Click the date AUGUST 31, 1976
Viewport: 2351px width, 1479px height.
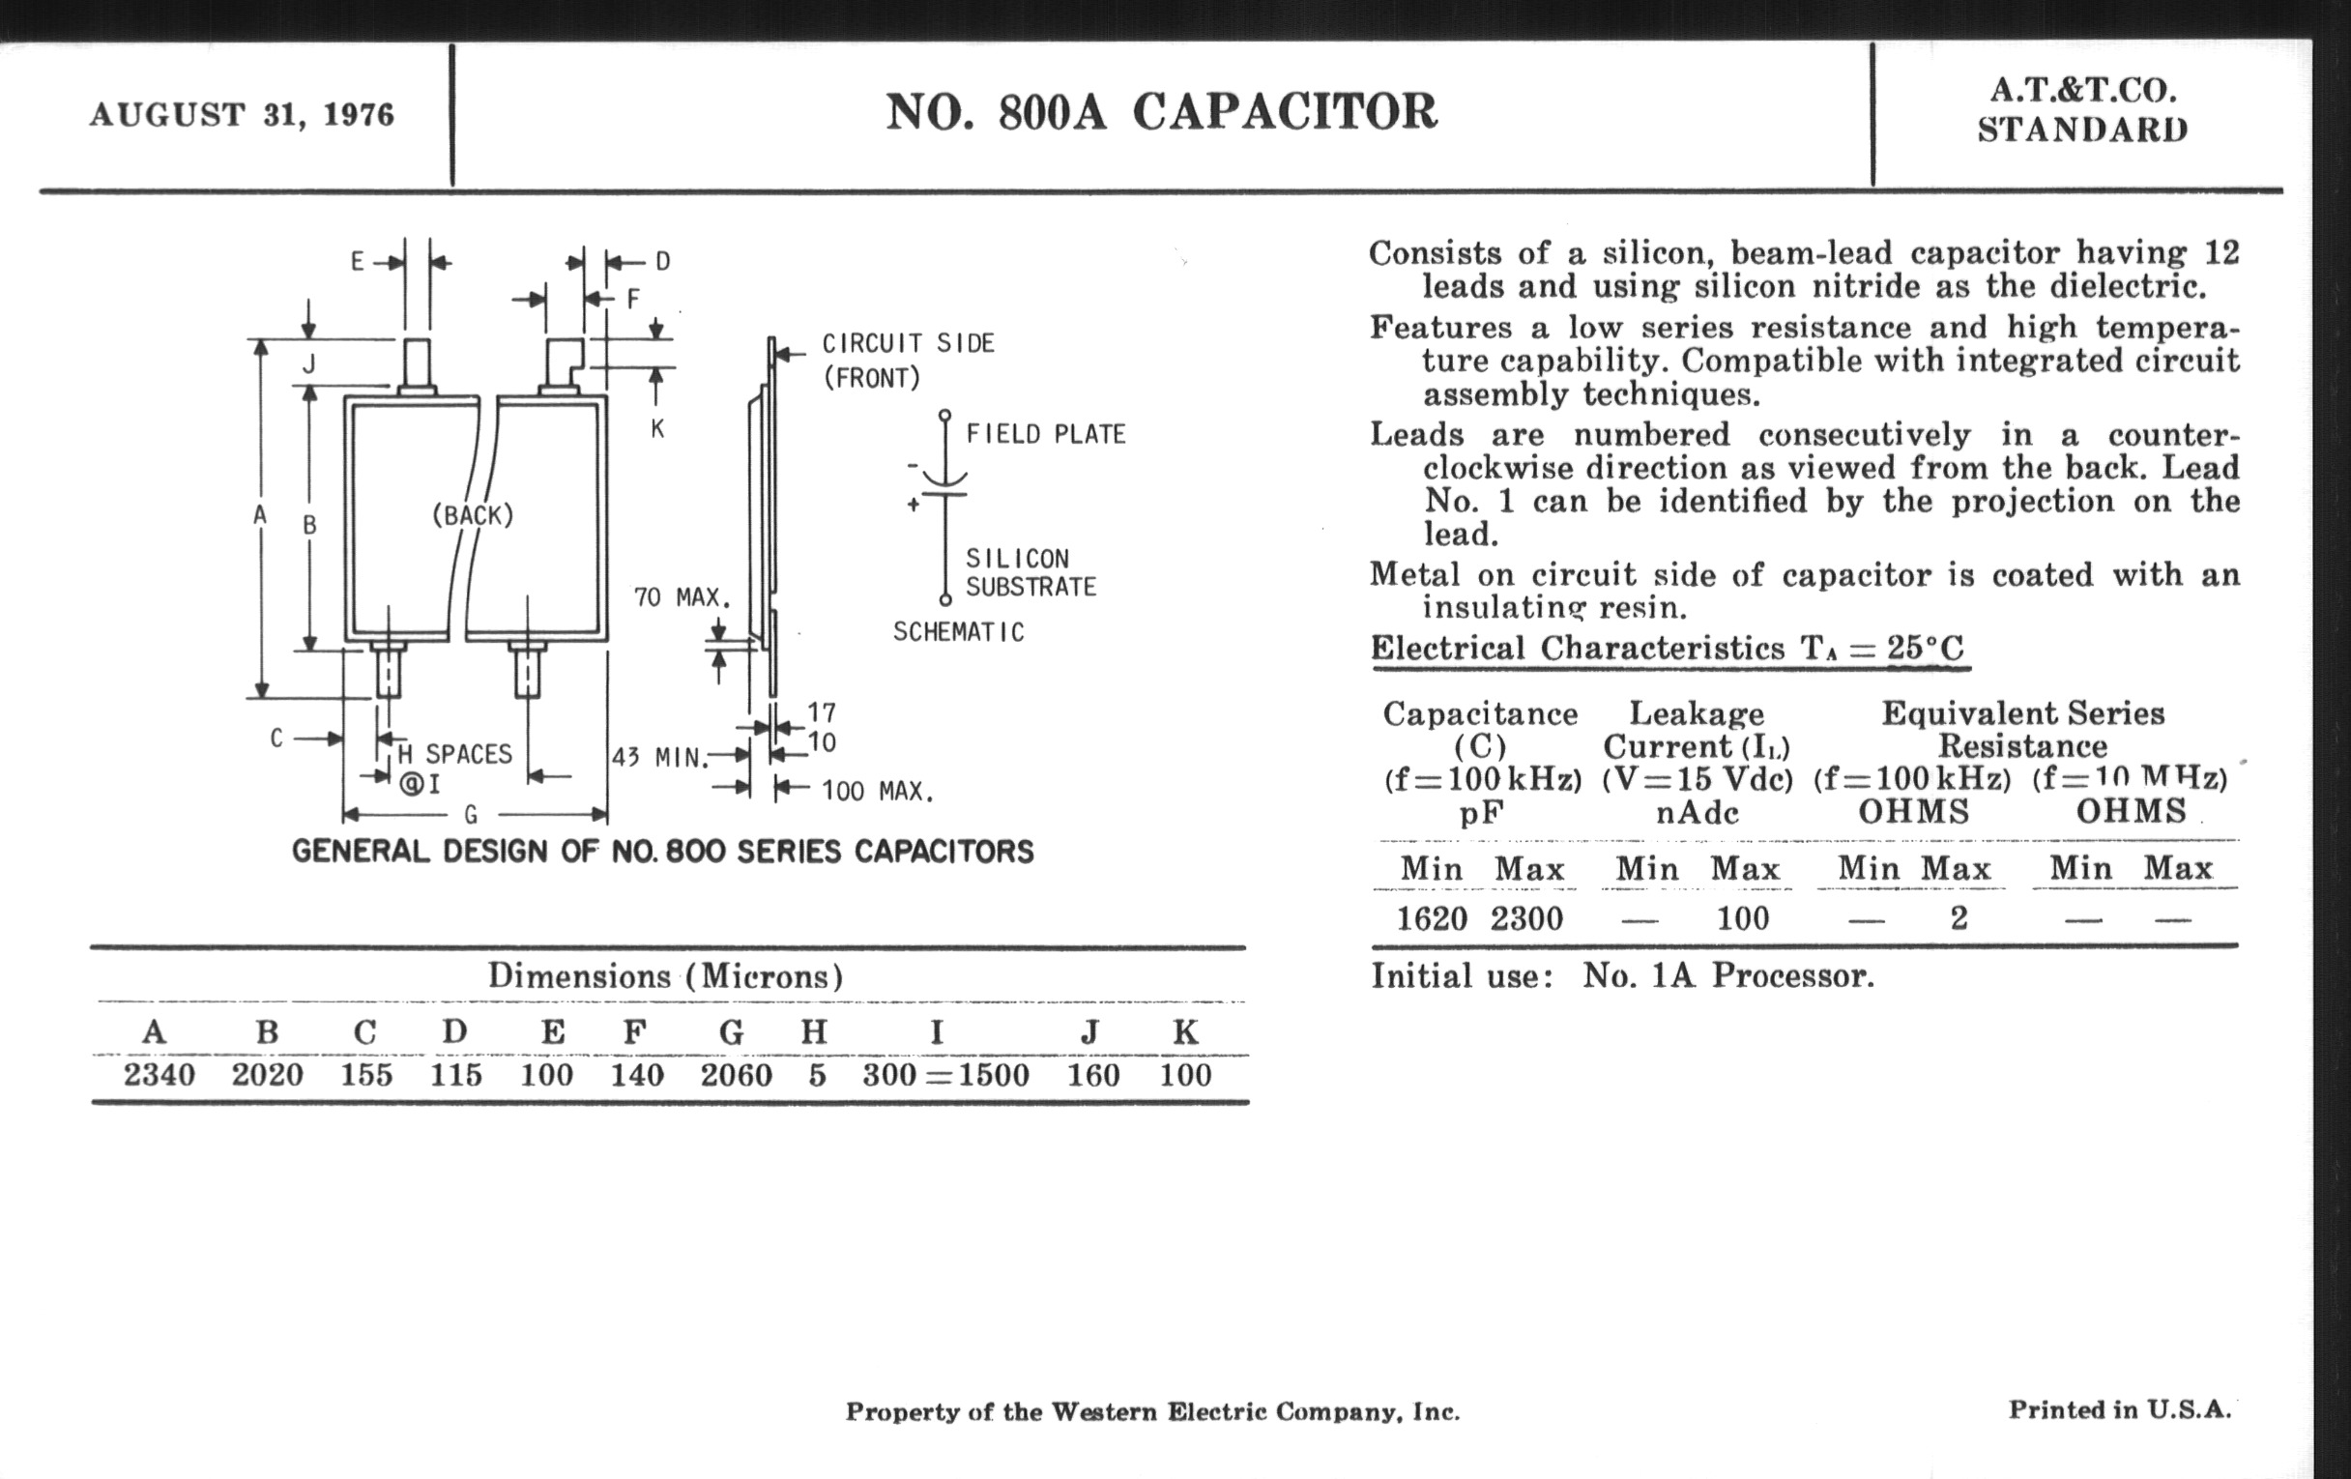click(x=242, y=115)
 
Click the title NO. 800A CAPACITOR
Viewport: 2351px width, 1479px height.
click(x=1161, y=112)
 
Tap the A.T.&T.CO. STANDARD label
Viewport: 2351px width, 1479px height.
click(x=2082, y=110)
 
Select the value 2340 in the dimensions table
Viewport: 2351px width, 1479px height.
click(x=160, y=1075)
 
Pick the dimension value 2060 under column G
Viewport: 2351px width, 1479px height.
click(x=737, y=1075)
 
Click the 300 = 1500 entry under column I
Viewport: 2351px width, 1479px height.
click(x=945, y=1075)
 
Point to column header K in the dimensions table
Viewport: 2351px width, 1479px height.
click(x=1185, y=1031)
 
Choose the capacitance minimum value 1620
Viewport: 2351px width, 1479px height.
click(x=1432, y=918)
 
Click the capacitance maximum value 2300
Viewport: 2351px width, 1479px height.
click(x=1527, y=918)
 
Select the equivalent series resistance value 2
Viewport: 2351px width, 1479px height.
click(x=1959, y=918)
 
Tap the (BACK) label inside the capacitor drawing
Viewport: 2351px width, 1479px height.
click(x=473, y=515)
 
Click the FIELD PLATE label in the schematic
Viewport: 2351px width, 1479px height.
click(x=1046, y=434)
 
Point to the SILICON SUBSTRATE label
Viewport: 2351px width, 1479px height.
click(x=1031, y=573)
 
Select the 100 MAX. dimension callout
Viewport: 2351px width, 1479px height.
click(x=877, y=791)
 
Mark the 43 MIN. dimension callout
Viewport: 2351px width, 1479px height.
click(x=659, y=758)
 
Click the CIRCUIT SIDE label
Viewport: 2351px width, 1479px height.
click(x=908, y=343)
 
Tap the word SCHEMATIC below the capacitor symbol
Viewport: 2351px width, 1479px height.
click(x=959, y=632)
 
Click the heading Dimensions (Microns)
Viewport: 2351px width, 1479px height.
click(x=665, y=976)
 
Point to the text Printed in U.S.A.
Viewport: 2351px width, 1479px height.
click(x=2119, y=1409)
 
